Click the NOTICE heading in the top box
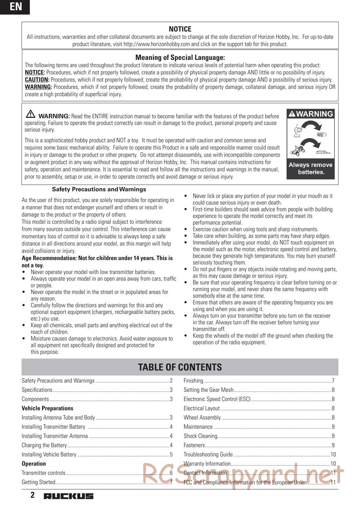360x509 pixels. (x=180, y=29)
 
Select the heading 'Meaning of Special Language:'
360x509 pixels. (x=180, y=58)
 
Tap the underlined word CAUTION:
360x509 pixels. (x=37, y=80)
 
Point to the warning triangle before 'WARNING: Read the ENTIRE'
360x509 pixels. (x=31, y=114)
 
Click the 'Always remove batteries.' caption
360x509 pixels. (x=310, y=168)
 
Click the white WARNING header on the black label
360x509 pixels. (x=311, y=114)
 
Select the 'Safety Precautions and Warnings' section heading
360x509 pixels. (x=99, y=189)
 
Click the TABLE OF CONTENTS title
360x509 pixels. (x=180, y=367)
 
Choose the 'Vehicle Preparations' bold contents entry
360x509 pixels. (x=48, y=408)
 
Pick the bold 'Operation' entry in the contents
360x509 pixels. (x=34, y=464)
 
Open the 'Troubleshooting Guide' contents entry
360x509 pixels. (x=208, y=454)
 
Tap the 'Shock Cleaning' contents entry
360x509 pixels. (x=201, y=436)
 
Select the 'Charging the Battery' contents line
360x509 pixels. (x=44, y=445)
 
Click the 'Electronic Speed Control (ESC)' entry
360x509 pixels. (x=217, y=399)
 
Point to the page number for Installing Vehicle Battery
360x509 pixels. (x=171, y=454)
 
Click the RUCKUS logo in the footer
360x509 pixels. (x=68, y=496)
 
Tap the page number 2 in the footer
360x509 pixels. (x=32, y=495)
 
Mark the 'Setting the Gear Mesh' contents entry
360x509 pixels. (x=208, y=390)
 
